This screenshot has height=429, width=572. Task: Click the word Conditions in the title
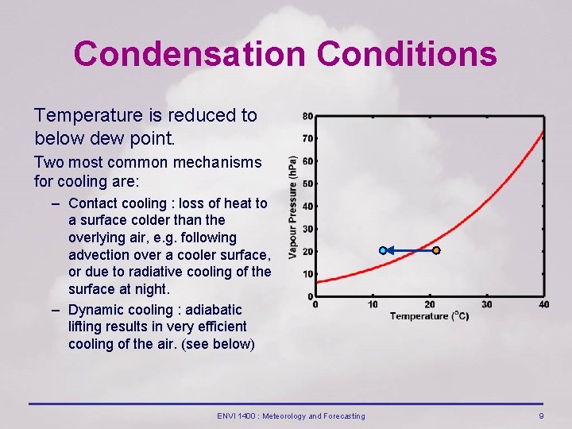click(x=407, y=54)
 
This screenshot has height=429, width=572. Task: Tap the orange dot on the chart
click(x=435, y=251)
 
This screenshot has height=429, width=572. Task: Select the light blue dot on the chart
click(x=383, y=251)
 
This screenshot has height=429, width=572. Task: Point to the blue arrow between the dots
click(x=409, y=251)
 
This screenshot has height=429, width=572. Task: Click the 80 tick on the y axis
click(x=307, y=116)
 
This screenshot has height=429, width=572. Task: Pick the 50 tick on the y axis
click(x=307, y=184)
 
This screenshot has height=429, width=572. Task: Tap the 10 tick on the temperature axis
click(x=373, y=304)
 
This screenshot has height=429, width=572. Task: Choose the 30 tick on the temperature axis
click(x=487, y=304)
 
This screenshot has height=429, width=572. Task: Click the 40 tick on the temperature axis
click(x=543, y=304)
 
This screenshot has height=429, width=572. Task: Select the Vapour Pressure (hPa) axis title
click(x=293, y=207)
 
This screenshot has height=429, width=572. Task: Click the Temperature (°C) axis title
click(x=429, y=316)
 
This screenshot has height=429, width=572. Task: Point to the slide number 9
click(x=541, y=416)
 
